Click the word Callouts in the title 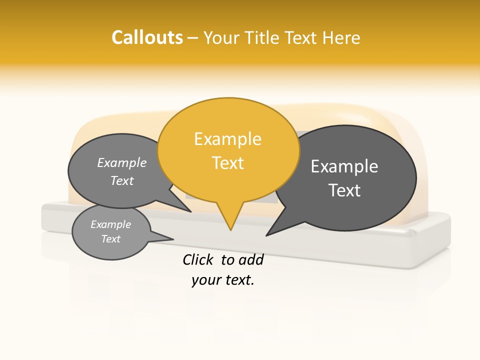coord(147,37)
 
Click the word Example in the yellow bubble coord(228,139)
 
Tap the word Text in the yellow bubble coord(228,163)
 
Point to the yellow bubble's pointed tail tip coord(230,230)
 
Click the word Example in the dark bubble coord(344,166)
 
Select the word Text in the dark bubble coord(344,190)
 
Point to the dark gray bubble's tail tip coord(266,235)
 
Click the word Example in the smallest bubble coord(111,224)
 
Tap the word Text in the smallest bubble coord(111,239)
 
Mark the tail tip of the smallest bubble coord(173,239)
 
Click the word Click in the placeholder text coord(199,259)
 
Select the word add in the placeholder coord(250,259)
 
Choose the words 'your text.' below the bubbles coord(223,280)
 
